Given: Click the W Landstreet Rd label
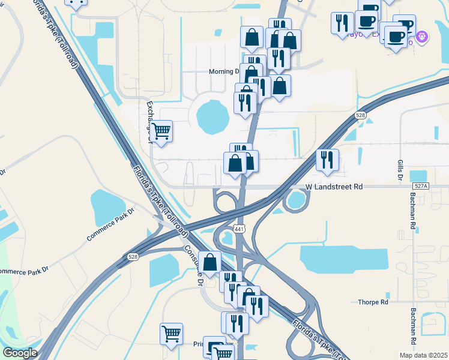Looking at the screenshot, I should (x=334, y=187).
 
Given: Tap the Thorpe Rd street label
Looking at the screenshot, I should (x=373, y=302).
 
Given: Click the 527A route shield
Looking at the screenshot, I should (x=421, y=187).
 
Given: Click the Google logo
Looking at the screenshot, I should (x=20, y=353).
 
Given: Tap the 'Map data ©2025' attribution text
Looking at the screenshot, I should (x=424, y=355).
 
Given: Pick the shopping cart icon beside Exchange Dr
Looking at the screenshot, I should (x=161, y=131).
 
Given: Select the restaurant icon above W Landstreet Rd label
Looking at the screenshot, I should (x=328, y=160).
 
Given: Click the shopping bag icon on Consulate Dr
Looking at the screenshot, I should (x=210, y=262).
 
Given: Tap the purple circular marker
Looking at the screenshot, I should (x=423, y=37).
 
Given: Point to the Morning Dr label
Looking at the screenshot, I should (x=224, y=71).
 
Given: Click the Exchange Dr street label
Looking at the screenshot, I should (x=150, y=121).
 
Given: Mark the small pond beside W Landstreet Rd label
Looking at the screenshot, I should (x=295, y=200).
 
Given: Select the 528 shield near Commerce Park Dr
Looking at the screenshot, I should (x=132, y=257).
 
